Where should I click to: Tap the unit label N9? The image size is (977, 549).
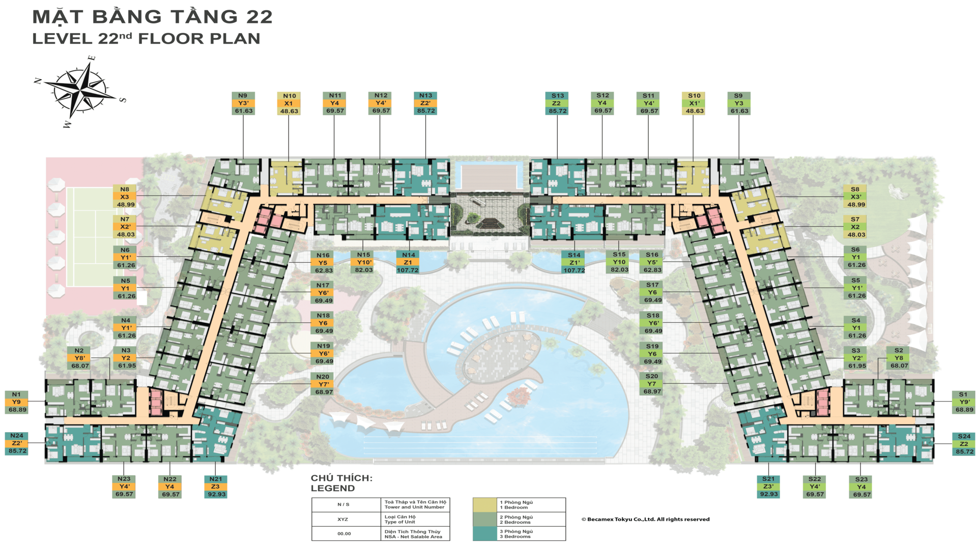(243, 96)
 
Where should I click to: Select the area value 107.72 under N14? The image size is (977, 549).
(408, 270)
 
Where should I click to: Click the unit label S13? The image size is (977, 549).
(557, 96)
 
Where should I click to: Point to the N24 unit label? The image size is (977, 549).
(16, 436)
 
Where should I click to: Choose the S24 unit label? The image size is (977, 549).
(964, 436)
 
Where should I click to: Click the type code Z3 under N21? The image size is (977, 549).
(216, 486)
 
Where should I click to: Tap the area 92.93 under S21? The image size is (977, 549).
(768, 494)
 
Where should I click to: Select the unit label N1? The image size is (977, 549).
(16, 394)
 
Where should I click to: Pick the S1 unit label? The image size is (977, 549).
(963, 394)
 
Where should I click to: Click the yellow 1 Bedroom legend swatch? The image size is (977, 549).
(484, 505)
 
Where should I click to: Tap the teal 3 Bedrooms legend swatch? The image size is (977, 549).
(484, 534)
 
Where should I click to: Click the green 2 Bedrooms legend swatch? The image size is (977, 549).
(484, 519)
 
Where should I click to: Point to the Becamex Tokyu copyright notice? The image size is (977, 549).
(645, 520)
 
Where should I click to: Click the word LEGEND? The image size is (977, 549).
(333, 489)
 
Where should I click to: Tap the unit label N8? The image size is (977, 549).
(125, 189)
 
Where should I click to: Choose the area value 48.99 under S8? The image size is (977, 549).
(856, 204)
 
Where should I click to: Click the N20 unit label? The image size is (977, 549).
(323, 377)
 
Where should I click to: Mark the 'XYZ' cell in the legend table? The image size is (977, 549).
(343, 520)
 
